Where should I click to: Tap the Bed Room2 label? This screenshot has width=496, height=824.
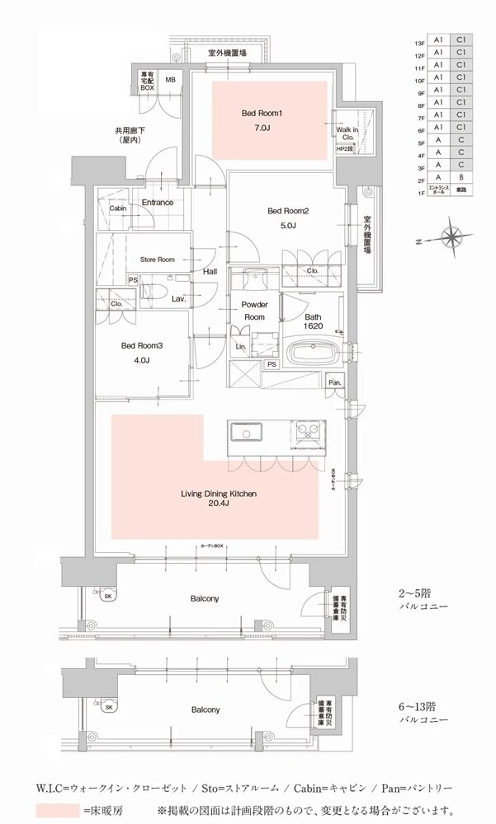(x=288, y=218)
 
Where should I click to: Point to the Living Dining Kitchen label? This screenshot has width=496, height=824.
(x=219, y=500)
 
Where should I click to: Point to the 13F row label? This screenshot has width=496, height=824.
(x=420, y=41)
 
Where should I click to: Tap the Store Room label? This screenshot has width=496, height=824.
(x=158, y=259)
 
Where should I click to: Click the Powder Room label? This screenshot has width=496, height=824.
(x=253, y=311)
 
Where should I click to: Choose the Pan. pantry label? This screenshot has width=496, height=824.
(x=336, y=382)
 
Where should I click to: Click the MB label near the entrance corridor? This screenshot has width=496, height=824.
(x=171, y=79)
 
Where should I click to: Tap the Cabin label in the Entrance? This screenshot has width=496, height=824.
(x=118, y=208)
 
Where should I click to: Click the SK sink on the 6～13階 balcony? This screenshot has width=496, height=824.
(x=108, y=706)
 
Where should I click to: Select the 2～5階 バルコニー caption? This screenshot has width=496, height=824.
(x=422, y=598)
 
